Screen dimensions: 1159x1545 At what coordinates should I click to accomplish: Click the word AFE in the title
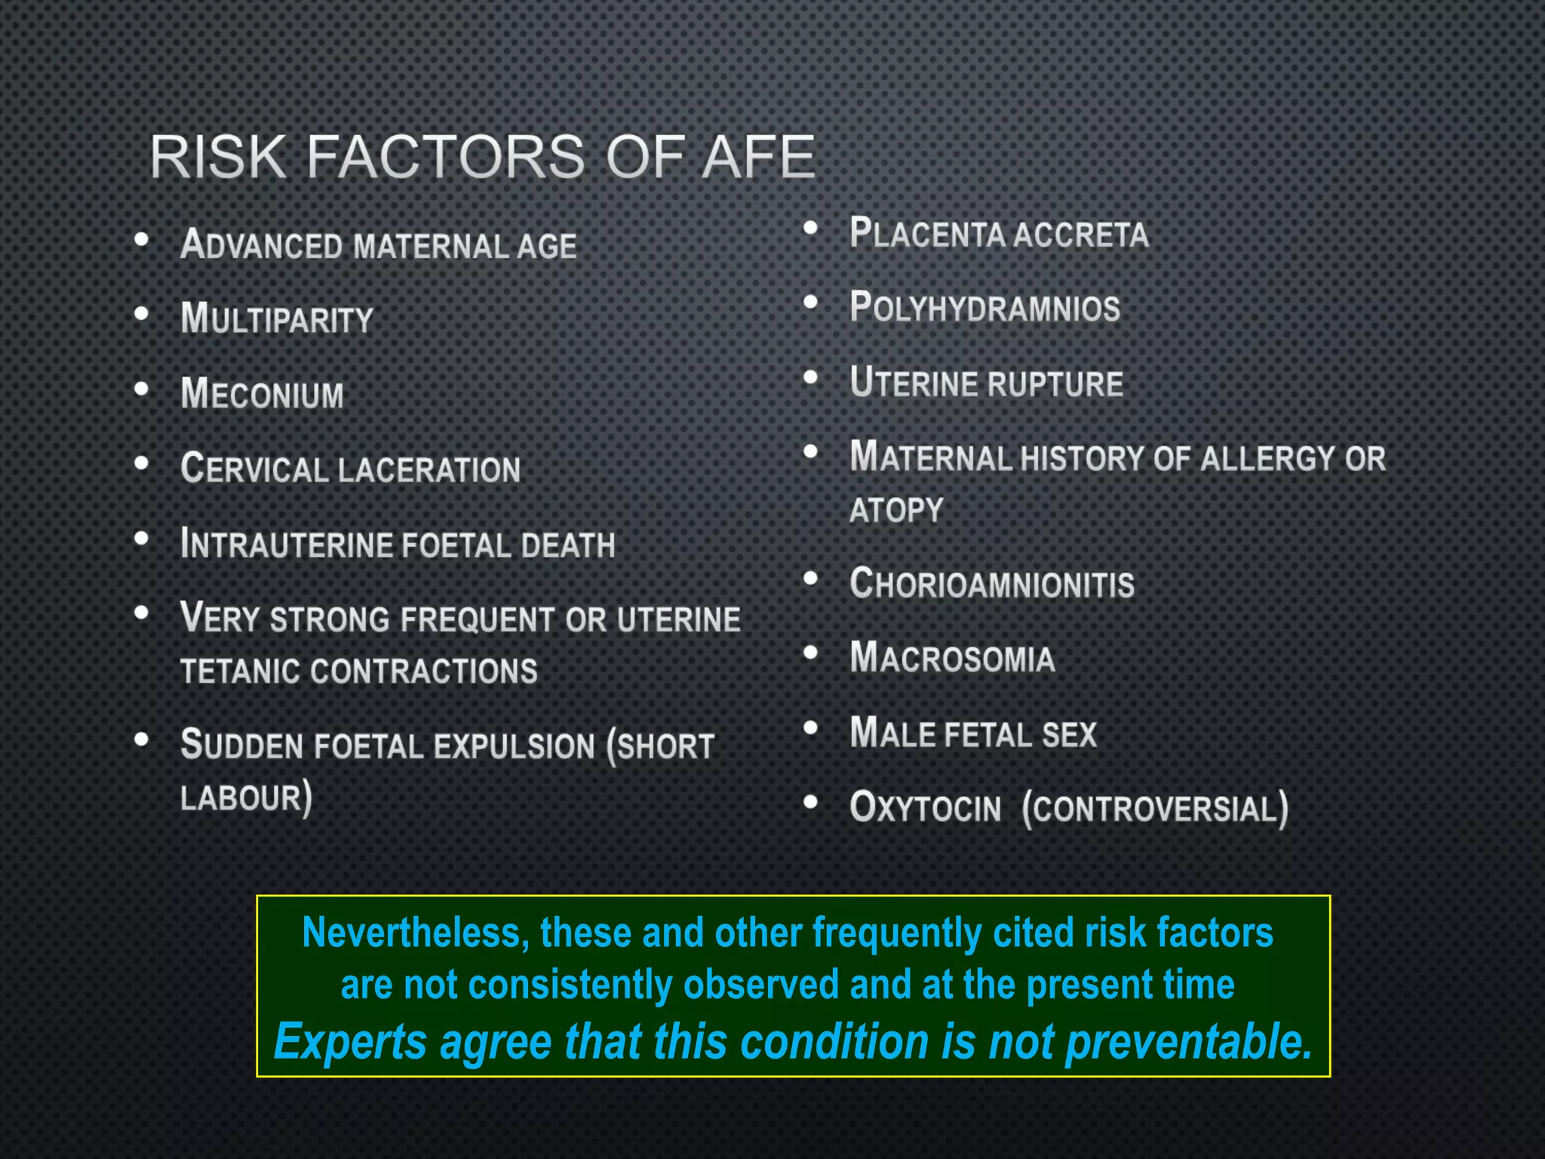759,157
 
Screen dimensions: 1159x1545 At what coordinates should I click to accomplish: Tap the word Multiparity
277,318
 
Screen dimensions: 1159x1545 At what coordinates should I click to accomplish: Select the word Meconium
262,394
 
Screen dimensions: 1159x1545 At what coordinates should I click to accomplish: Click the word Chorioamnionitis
991,584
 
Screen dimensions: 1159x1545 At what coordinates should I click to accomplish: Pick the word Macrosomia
952,658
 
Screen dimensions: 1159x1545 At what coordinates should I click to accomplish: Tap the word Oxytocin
925,807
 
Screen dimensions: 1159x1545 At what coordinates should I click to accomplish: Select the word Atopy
896,511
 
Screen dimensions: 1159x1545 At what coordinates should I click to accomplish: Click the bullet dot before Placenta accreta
811,228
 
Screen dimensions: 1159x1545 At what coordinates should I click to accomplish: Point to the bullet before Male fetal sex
811,728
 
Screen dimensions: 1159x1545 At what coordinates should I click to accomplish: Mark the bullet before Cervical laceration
141,463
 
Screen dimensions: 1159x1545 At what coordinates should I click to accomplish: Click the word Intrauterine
286,545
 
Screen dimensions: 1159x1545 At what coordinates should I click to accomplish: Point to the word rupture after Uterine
1055,384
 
